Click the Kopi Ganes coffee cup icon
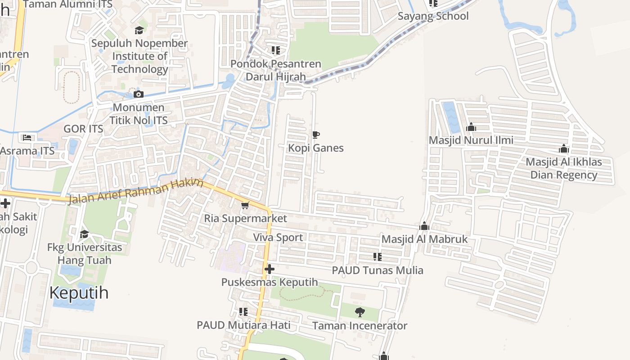click(x=316, y=135)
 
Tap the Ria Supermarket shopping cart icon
click(x=245, y=205)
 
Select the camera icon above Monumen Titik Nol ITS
click(x=139, y=94)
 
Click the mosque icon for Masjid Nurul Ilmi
click(x=471, y=127)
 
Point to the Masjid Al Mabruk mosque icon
click(x=424, y=226)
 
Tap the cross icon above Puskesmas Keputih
click(x=269, y=269)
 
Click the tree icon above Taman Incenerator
click(x=360, y=312)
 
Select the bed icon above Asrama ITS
click(x=27, y=137)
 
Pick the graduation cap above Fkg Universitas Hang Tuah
click(x=84, y=234)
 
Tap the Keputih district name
click(x=79, y=292)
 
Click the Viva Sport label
click(x=278, y=237)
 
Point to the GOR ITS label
click(x=83, y=129)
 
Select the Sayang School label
click(x=433, y=16)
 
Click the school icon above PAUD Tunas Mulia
click(x=377, y=257)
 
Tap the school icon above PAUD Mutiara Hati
click(x=243, y=312)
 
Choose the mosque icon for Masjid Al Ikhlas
click(x=564, y=148)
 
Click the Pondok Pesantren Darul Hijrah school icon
click(x=275, y=50)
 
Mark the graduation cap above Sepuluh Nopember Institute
click(x=139, y=30)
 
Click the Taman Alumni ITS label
click(x=67, y=4)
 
